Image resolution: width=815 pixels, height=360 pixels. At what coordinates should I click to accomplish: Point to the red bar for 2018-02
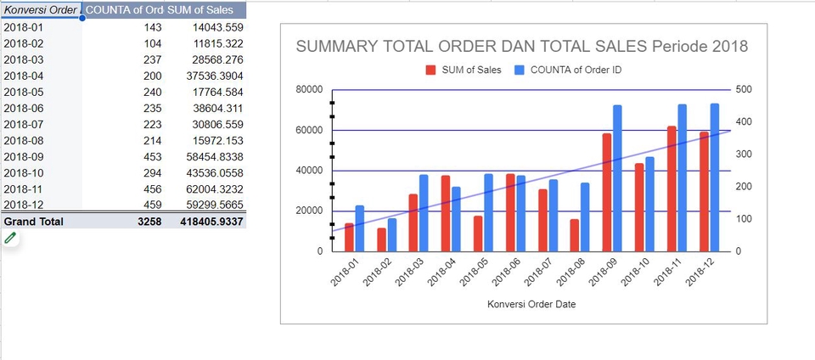pos(382,239)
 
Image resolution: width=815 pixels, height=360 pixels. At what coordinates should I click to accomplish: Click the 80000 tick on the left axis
pos(308,89)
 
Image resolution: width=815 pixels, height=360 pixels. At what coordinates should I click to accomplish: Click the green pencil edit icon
pos(10,239)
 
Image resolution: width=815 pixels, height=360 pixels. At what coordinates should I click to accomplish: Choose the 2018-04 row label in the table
pos(23,76)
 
